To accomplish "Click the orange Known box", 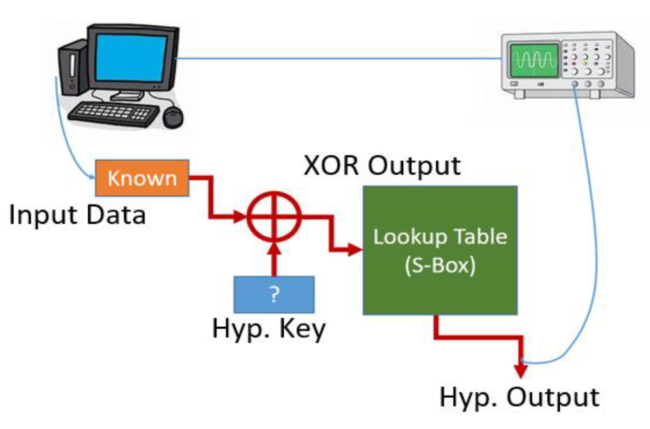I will [142, 178].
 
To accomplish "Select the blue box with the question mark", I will [274, 294].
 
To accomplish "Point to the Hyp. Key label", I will [269, 329].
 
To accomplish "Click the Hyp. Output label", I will [519, 397].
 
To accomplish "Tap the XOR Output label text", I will [382, 165].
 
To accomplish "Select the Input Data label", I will [77, 215].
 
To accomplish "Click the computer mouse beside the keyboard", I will [173, 117].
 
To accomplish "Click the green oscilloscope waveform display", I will [534, 60].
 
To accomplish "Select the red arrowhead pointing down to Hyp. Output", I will [520, 370].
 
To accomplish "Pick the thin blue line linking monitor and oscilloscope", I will [338, 58].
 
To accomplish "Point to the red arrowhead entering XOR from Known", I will [240, 217].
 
